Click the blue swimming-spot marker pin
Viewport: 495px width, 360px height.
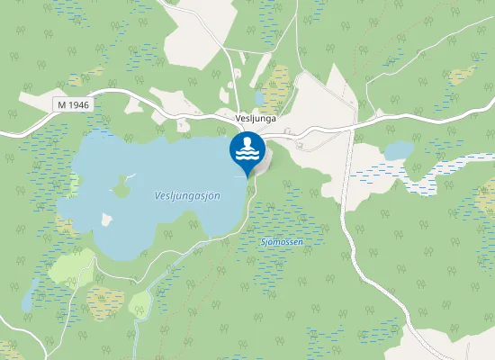click(x=247, y=151)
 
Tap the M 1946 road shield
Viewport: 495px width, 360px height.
click(x=73, y=105)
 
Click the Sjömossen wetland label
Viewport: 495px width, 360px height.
click(x=281, y=242)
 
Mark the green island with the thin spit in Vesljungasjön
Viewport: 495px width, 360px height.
click(x=120, y=187)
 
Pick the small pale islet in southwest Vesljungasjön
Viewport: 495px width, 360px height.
click(x=107, y=219)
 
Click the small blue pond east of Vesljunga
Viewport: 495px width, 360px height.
click(x=399, y=149)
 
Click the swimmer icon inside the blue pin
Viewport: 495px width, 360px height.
click(x=247, y=145)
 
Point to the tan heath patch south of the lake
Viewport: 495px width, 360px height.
click(x=104, y=301)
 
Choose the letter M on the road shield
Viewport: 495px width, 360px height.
click(x=61, y=105)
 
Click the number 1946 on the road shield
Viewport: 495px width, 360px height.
click(x=78, y=105)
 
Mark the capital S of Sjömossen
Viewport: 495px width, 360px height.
click(x=263, y=242)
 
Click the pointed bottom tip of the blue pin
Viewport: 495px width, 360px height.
click(x=247, y=176)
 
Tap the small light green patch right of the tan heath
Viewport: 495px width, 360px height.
click(x=139, y=305)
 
